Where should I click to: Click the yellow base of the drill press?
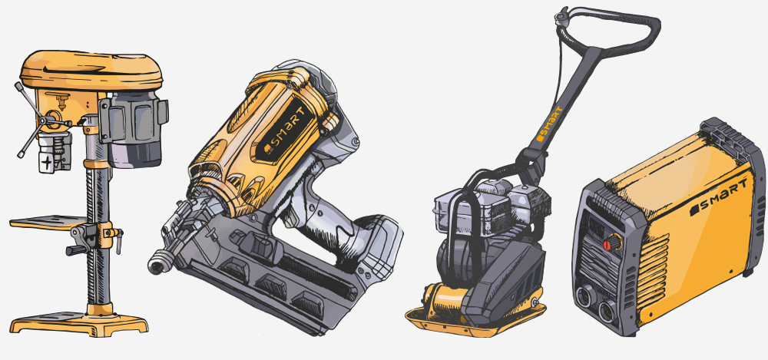pos(79,322)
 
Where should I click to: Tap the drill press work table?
pos(48,223)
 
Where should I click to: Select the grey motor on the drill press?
pos(134,129)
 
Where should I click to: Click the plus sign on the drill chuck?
pos(47,163)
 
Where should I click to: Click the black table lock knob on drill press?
pos(76,250)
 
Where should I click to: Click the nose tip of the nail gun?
pos(156,266)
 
